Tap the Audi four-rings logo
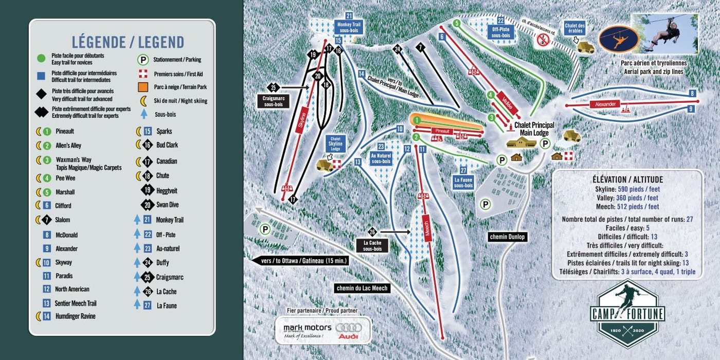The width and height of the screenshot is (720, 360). coord(348,331)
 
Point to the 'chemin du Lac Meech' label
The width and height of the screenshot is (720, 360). coord(362,288)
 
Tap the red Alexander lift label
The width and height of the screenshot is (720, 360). coord(605,104)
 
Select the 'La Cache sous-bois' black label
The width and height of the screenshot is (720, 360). coord(372,245)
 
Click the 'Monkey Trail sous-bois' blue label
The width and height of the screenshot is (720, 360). coord(349,27)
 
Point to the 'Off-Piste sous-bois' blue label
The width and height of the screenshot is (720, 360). coord(500,32)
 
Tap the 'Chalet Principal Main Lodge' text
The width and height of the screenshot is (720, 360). coord(533,129)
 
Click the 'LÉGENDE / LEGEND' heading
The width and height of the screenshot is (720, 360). coord(128,42)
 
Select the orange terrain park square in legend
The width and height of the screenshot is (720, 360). coord(143,87)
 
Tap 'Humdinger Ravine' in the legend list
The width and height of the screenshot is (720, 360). coord(75,316)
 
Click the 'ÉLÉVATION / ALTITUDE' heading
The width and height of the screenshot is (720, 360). coord(627,179)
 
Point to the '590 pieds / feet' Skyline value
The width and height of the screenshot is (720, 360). coord(638,189)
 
